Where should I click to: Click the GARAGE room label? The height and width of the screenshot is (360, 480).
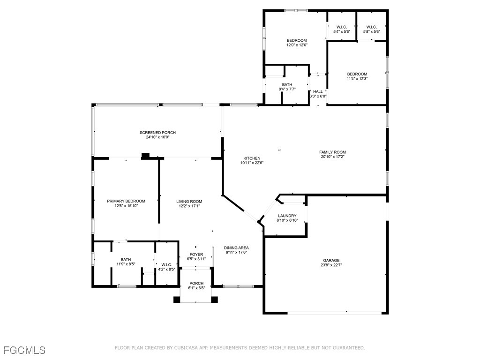331,260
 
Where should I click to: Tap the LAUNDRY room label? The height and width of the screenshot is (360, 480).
287,216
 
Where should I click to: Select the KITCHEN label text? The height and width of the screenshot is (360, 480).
251,158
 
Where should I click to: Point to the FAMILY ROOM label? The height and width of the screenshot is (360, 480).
332,152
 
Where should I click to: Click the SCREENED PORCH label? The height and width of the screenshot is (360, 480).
157,133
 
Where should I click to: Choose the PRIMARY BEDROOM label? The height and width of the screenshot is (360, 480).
126,201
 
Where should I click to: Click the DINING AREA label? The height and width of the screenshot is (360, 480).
236,247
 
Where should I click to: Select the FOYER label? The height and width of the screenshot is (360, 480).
196,255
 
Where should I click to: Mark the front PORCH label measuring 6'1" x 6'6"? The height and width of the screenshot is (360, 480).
196,283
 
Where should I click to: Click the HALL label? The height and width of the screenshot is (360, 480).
318,91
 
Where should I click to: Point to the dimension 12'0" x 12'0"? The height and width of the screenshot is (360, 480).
297,45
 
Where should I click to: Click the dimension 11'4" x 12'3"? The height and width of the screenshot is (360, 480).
357,79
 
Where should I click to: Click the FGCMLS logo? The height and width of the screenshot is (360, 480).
24,350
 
